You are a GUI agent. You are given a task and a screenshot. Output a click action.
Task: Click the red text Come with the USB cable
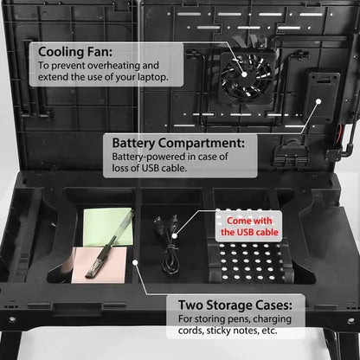coord(249,227)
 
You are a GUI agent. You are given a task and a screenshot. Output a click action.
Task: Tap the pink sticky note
coord(92,262)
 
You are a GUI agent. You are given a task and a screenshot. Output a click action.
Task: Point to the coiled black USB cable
coord(169,247)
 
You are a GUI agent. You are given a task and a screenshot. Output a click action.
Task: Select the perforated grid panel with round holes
coord(250,260)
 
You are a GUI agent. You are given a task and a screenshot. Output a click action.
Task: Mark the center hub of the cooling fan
coord(245,74)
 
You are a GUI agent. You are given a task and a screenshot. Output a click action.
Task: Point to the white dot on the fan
coord(244,74)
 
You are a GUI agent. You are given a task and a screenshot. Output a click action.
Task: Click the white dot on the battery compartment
coord(318,101)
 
